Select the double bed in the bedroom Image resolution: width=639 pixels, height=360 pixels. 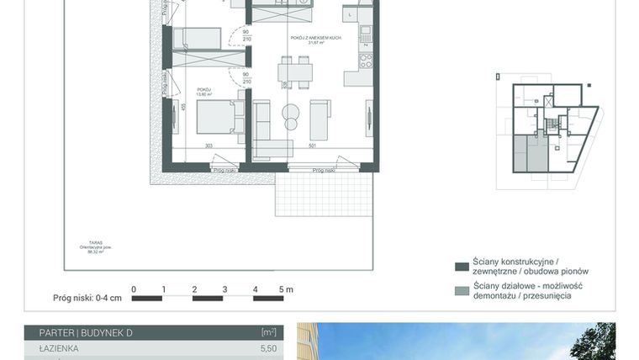pyautogui.click(x=219, y=117)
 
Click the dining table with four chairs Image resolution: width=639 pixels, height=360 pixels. pyautogui.click(x=295, y=71)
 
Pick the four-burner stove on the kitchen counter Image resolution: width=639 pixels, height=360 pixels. pyautogui.click(x=366, y=61)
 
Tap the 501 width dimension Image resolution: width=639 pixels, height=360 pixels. pyautogui.click(x=311, y=146)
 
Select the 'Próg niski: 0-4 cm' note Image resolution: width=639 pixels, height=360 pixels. pyautogui.click(x=87, y=297)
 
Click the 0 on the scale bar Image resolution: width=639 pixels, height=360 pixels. pyautogui.click(x=134, y=289)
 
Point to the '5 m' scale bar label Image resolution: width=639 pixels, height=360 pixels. pyautogui.click(x=286, y=289)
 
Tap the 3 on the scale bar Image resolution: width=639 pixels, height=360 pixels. pyautogui.click(x=225, y=289)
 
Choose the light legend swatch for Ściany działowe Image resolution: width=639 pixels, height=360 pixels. pyautogui.click(x=461, y=291)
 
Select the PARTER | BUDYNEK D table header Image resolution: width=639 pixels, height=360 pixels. pyautogui.click(x=79, y=333)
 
